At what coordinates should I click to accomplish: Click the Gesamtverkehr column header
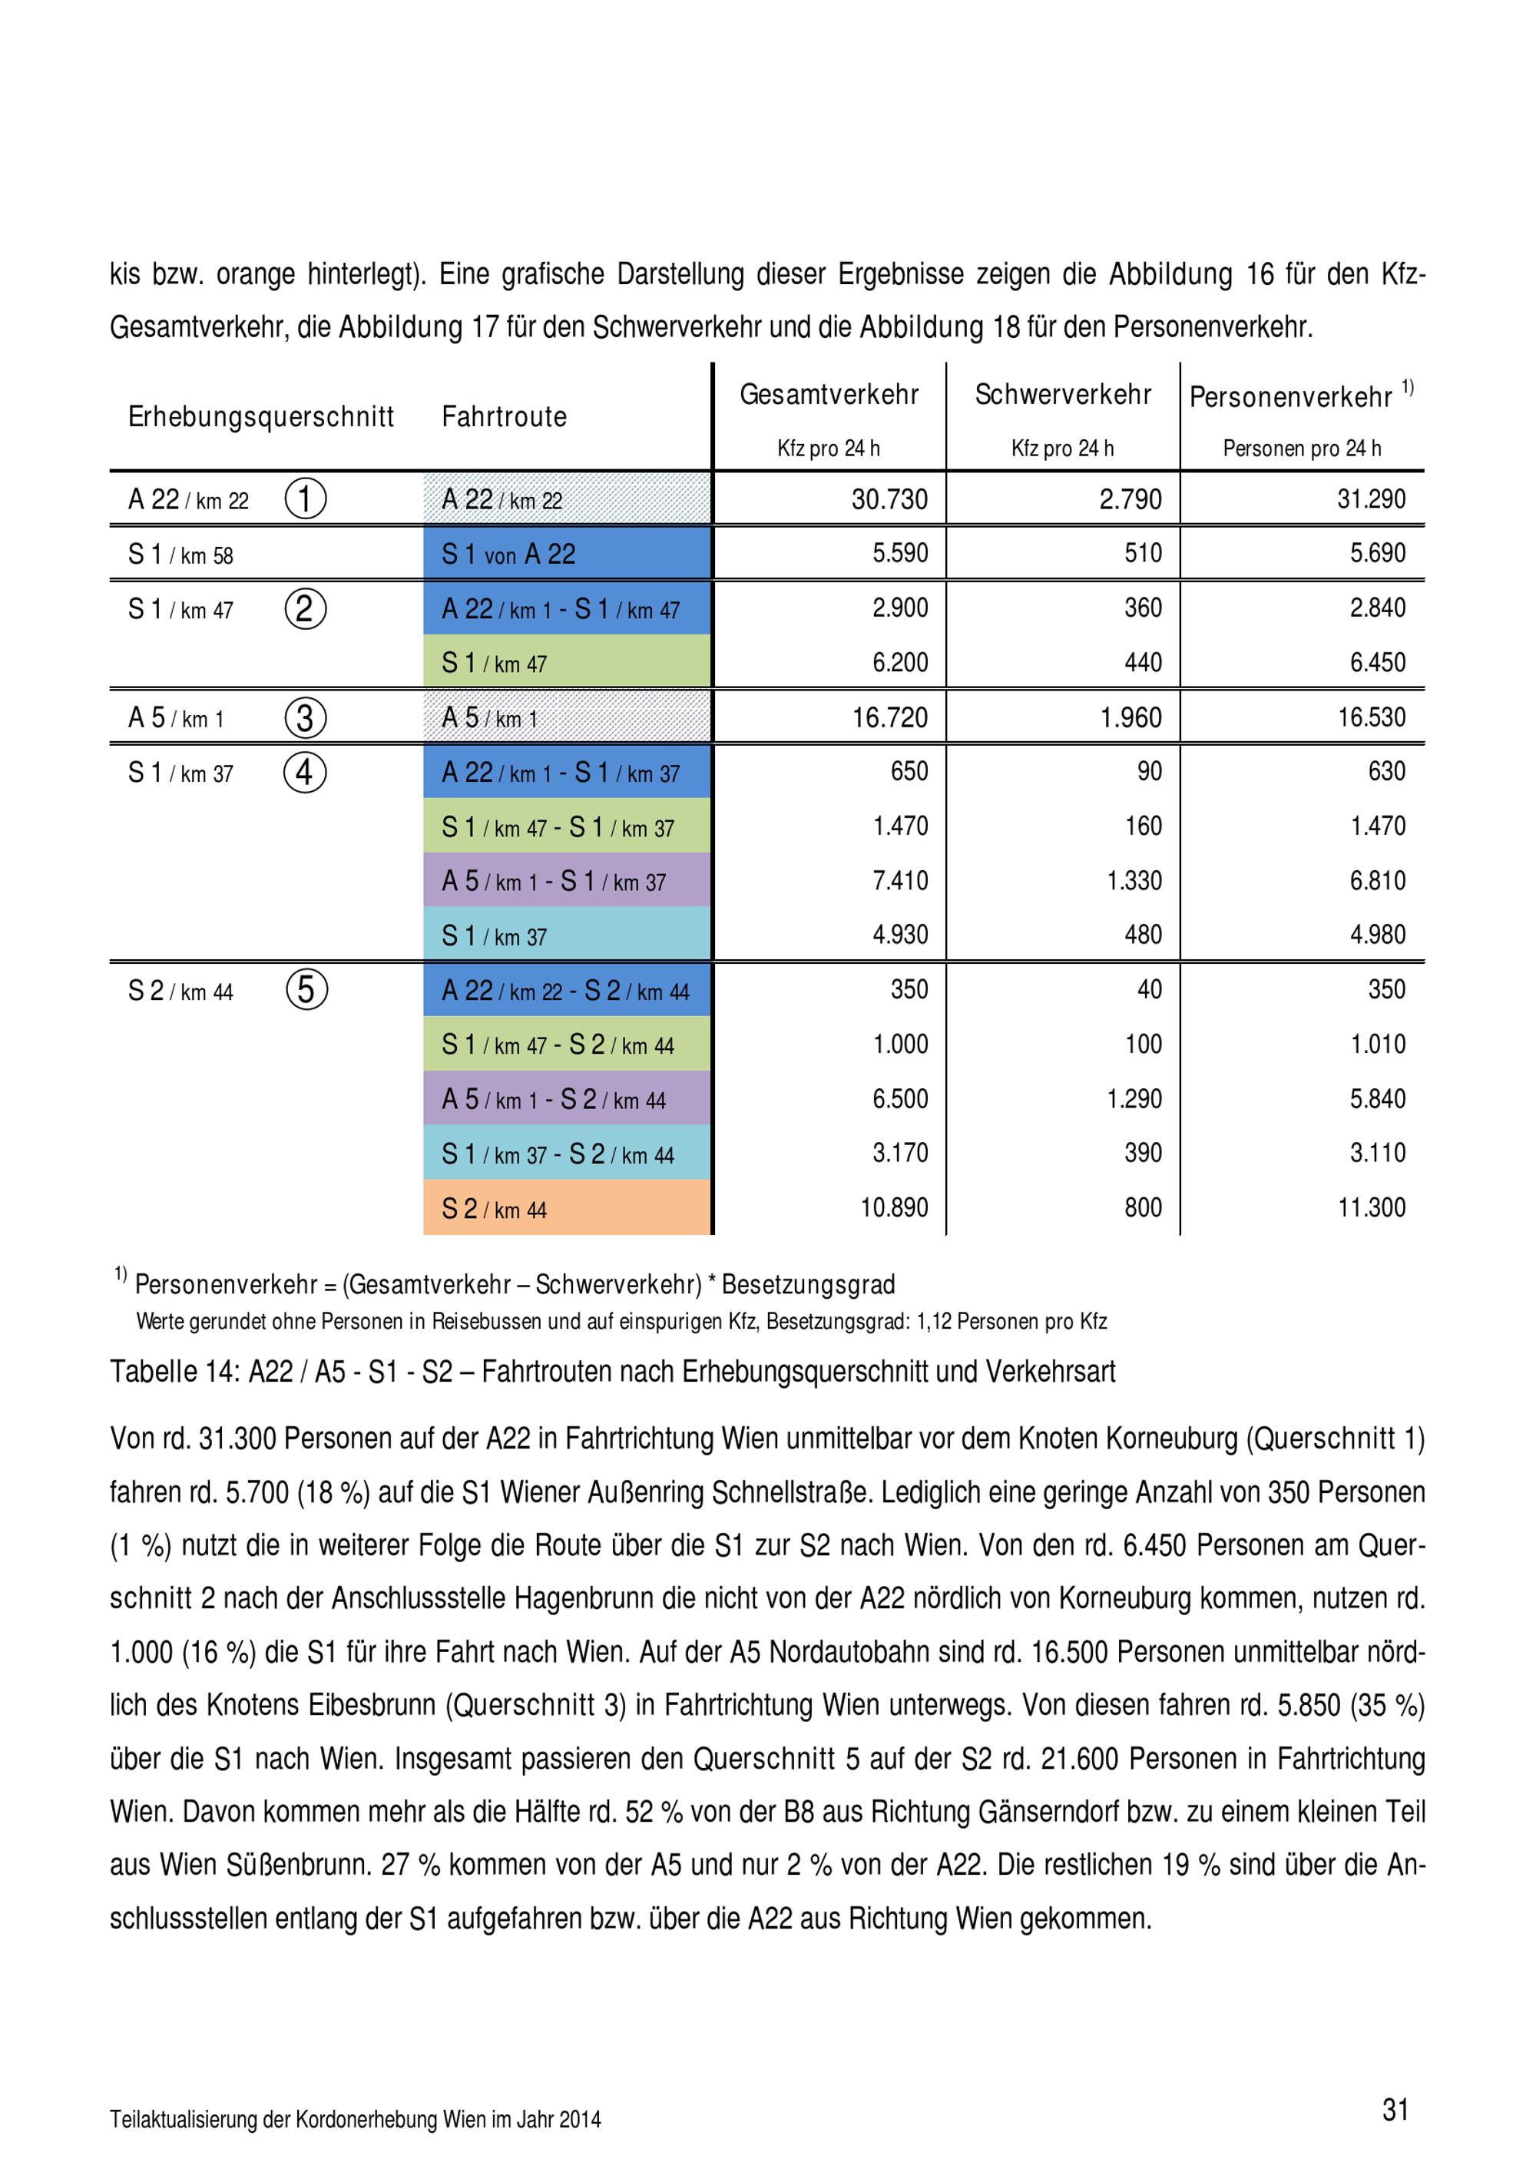tap(829, 395)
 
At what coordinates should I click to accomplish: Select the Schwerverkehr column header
tap(1062, 395)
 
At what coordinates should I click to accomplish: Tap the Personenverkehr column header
tap(1290, 396)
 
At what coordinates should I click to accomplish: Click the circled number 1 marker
tap(306, 498)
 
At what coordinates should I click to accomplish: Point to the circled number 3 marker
tap(306, 717)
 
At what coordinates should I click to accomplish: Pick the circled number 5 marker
tap(306, 989)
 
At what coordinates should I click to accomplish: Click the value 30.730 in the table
tap(889, 498)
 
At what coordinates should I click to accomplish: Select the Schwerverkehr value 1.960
tap(1130, 717)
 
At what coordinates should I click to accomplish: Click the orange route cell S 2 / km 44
tap(567, 1208)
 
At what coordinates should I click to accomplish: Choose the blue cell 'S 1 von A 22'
tap(567, 554)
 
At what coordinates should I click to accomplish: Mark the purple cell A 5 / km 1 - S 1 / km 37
tap(567, 881)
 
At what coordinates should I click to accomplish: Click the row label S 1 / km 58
tap(180, 555)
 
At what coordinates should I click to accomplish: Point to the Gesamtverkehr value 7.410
tap(899, 881)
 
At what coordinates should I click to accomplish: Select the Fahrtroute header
tap(504, 416)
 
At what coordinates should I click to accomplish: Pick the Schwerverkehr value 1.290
tap(1134, 1098)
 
